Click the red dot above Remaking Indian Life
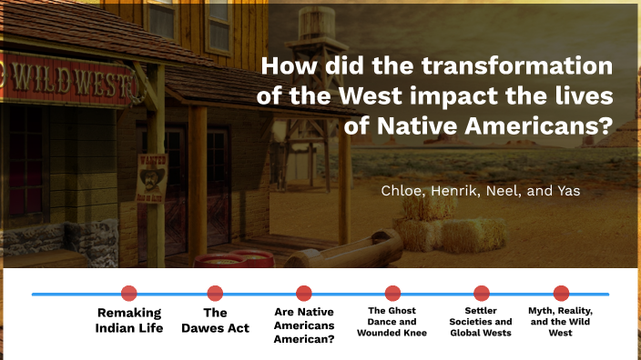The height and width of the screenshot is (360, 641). click(129, 293)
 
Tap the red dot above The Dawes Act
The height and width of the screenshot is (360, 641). click(215, 293)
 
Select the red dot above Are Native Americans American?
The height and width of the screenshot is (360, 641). click(304, 293)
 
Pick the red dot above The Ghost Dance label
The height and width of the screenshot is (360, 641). click(392, 293)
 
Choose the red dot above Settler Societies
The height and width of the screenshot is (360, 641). click(481, 293)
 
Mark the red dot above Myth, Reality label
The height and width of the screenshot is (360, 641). click(561, 293)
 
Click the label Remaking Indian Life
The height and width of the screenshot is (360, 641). click(129, 320)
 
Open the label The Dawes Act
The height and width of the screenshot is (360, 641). click(215, 320)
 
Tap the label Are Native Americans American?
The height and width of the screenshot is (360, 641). click(304, 325)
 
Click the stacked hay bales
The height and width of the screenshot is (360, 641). click(437, 227)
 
